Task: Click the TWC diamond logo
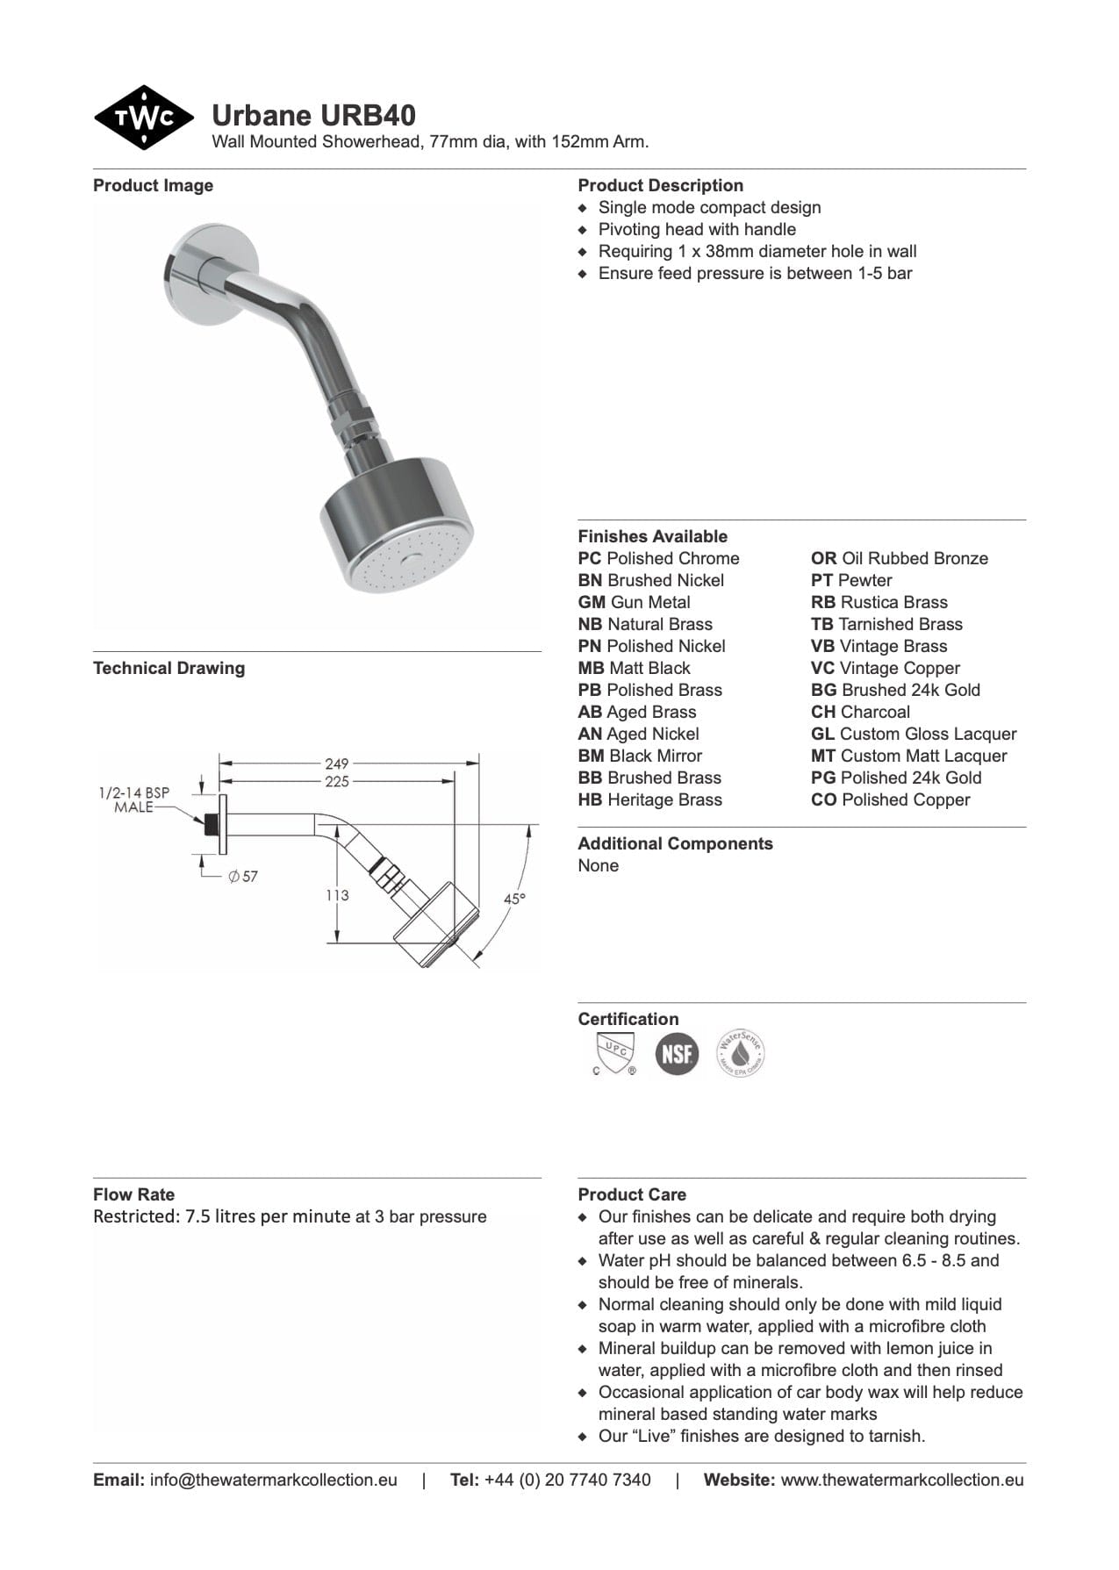(x=143, y=118)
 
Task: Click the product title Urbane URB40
(x=313, y=116)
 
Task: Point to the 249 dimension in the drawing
(x=336, y=763)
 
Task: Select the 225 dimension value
(x=336, y=781)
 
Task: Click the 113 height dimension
(x=337, y=895)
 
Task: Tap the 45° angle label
(x=514, y=899)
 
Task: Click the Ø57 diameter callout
(x=243, y=876)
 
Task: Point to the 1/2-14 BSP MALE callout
(x=134, y=799)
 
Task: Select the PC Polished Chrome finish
(x=658, y=558)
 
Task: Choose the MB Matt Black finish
(x=634, y=668)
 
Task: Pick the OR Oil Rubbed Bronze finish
(x=899, y=558)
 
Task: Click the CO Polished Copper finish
(x=890, y=799)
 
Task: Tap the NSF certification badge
(x=677, y=1053)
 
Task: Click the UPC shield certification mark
(x=614, y=1053)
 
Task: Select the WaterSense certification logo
(x=740, y=1053)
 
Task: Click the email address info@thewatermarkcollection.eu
(x=273, y=1480)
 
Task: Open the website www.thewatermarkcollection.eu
(x=901, y=1480)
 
